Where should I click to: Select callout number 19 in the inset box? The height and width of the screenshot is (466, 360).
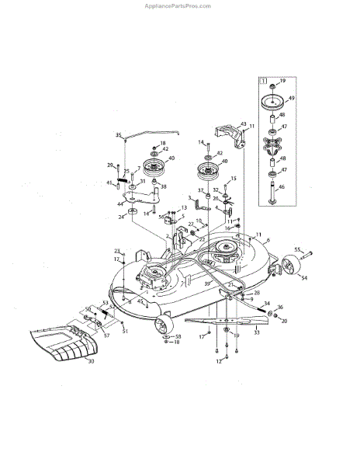tap(282, 82)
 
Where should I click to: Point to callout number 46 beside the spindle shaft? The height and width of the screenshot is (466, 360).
tap(282, 187)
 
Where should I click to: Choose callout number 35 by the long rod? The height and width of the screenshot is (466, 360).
tap(119, 135)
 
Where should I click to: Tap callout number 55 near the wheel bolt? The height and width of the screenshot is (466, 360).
tap(298, 249)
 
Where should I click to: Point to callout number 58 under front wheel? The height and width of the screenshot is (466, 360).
tap(178, 336)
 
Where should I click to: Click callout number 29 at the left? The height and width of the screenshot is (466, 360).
tap(110, 165)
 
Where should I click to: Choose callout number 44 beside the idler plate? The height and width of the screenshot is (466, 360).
tap(120, 203)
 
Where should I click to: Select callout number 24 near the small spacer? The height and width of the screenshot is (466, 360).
tap(121, 217)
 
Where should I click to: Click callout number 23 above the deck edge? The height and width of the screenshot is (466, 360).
tap(117, 251)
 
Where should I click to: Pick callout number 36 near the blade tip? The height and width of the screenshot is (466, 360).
tap(280, 308)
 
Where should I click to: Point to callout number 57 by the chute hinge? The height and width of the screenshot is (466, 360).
tap(106, 336)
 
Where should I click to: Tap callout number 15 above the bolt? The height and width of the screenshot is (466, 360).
tap(234, 179)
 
